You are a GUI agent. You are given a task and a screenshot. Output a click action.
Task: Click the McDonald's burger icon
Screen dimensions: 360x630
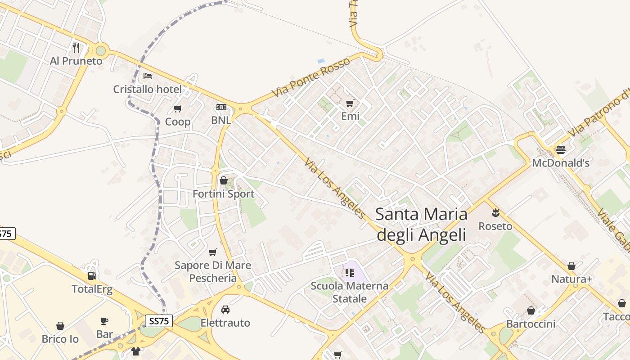(x=560, y=149)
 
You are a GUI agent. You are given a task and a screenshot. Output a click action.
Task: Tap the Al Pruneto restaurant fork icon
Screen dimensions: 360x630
(x=76, y=47)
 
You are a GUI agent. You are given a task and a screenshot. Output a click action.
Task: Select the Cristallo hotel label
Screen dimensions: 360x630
(x=147, y=89)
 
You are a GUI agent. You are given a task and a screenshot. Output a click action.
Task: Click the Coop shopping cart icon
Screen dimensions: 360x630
(x=177, y=108)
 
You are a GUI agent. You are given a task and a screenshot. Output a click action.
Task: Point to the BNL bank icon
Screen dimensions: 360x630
(x=221, y=107)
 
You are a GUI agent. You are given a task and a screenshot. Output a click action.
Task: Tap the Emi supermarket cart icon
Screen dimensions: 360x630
(x=350, y=103)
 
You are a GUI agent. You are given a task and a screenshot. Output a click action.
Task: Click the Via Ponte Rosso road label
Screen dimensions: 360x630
(x=311, y=77)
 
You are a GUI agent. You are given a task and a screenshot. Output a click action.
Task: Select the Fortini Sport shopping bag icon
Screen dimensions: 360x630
(x=223, y=180)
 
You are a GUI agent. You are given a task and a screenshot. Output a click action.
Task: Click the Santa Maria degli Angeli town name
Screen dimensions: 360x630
(x=421, y=224)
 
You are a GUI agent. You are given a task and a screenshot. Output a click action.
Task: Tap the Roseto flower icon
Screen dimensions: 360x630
(x=495, y=212)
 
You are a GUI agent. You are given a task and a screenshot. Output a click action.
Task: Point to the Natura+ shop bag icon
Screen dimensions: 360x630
(x=571, y=266)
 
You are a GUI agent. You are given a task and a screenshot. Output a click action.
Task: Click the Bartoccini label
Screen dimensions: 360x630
(x=531, y=324)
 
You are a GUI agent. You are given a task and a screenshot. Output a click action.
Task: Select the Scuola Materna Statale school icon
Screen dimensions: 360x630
(x=350, y=272)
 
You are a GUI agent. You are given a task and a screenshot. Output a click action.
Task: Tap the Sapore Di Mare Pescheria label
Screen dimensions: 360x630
(x=213, y=271)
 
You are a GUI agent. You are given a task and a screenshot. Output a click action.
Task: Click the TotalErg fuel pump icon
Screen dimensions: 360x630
(x=92, y=275)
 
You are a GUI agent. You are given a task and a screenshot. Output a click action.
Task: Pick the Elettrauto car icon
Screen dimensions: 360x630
(x=225, y=310)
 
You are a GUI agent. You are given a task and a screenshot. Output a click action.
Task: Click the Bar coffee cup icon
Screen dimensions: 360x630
(x=104, y=321)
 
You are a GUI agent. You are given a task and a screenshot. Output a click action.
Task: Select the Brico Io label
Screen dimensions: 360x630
(x=60, y=339)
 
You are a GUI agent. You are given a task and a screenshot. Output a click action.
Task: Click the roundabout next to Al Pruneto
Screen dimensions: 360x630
(x=100, y=50)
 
